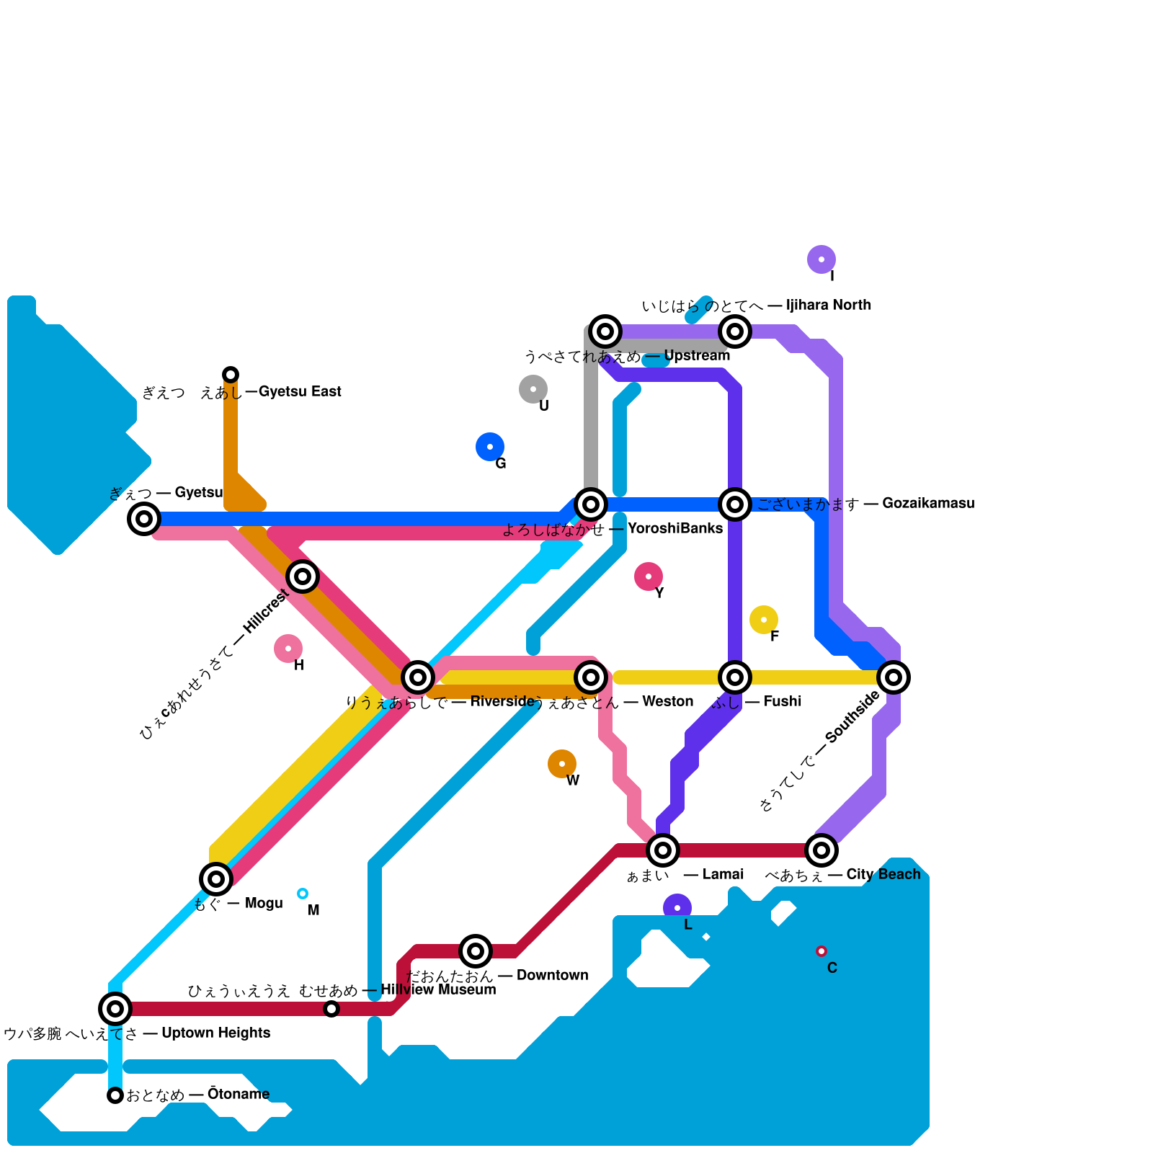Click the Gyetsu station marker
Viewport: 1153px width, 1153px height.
[x=144, y=518]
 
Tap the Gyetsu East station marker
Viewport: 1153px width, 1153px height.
[x=231, y=375]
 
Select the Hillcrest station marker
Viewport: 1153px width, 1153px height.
[x=303, y=576]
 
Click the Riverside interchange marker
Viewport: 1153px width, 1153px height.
[x=418, y=677]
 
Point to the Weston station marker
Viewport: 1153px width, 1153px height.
[x=591, y=677]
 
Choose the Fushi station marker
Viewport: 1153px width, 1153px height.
[x=735, y=677]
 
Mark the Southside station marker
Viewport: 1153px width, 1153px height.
[x=894, y=677]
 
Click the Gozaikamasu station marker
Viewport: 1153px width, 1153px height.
[x=735, y=504]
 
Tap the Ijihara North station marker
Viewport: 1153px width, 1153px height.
[x=735, y=331]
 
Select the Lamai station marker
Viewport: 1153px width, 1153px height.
[x=663, y=850]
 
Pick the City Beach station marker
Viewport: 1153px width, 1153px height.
[x=822, y=850]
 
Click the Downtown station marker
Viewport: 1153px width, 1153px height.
[x=476, y=951]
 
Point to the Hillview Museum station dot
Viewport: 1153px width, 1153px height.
[x=331, y=1009]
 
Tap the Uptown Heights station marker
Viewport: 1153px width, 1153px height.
[x=115, y=1009]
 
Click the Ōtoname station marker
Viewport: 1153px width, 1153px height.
[x=115, y=1095]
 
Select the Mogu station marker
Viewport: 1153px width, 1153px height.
[x=216, y=879]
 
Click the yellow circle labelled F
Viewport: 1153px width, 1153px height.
[x=764, y=620]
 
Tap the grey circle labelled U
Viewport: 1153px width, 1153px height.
[x=533, y=389]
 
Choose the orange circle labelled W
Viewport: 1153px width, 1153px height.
[x=562, y=764]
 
